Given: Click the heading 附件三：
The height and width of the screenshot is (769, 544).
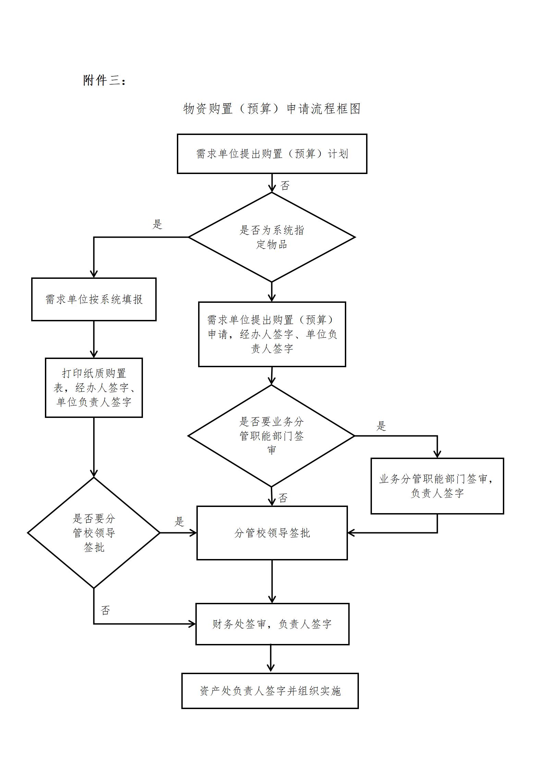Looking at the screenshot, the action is (105, 80).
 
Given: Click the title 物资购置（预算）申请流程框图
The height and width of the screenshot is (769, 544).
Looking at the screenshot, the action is (272, 109).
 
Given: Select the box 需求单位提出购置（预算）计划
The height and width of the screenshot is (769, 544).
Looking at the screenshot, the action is (272, 154).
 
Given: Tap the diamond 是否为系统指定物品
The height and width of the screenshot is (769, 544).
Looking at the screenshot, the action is (271, 237).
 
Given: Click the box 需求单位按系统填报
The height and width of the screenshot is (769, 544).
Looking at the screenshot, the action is (94, 299).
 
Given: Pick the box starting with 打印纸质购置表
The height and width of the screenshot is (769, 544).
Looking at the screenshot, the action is (94, 388).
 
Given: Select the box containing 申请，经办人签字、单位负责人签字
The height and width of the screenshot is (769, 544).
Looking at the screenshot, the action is (272, 334).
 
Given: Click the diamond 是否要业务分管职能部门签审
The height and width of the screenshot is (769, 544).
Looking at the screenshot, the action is (271, 436).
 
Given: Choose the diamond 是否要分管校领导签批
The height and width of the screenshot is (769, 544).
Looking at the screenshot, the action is (94, 533).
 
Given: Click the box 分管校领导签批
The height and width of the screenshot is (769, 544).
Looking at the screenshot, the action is (272, 533).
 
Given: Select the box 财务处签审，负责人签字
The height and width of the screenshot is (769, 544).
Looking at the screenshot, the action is (272, 624).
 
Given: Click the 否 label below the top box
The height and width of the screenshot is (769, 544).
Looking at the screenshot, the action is (285, 186).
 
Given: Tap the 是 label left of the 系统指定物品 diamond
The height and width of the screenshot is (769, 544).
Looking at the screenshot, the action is (157, 225).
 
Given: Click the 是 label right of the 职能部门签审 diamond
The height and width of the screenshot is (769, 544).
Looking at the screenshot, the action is (382, 426).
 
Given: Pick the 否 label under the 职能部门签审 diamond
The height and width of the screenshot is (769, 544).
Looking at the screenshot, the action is (283, 498).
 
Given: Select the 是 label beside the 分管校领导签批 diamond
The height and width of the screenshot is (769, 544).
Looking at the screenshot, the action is (180, 522).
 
